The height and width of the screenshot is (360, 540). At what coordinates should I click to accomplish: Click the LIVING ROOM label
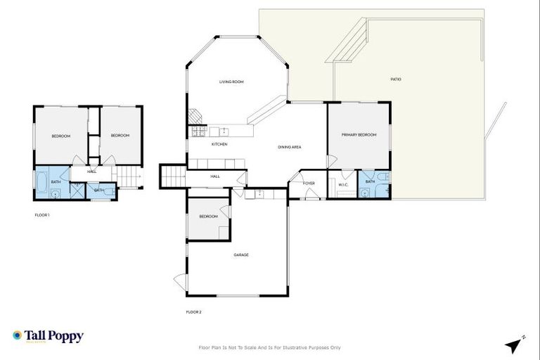(x=231, y=82)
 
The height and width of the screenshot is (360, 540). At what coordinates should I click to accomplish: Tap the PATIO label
(x=396, y=79)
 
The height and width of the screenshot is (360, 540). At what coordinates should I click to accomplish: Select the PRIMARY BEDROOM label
(x=359, y=134)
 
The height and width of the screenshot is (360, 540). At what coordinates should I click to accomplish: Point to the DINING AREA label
(x=290, y=147)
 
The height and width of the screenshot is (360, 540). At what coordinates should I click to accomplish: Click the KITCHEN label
(x=219, y=144)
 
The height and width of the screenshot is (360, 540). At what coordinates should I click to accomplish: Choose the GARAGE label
(x=241, y=255)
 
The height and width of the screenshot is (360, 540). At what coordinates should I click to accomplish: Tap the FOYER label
(x=309, y=184)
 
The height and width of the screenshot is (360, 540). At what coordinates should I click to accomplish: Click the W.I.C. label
(x=343, y=185)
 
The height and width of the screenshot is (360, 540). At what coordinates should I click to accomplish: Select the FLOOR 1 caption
(x=42, y=214)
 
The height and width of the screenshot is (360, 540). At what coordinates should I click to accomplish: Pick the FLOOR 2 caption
(x=193, y=311)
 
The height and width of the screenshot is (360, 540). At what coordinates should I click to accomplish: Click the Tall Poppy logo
(x=48, y=336)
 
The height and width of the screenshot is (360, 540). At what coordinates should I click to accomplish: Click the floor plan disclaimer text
(x=270, y=347)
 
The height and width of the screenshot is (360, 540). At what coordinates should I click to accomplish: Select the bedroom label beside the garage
(x=207, y=217)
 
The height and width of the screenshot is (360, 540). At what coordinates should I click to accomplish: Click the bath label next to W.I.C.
(x=370, y=182)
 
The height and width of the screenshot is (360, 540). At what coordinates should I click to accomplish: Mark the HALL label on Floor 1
(x=92, y=172)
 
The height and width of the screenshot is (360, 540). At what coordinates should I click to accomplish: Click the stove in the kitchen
(x=196, y=131)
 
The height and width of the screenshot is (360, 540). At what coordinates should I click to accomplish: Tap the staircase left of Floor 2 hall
(x=173, y=176)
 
